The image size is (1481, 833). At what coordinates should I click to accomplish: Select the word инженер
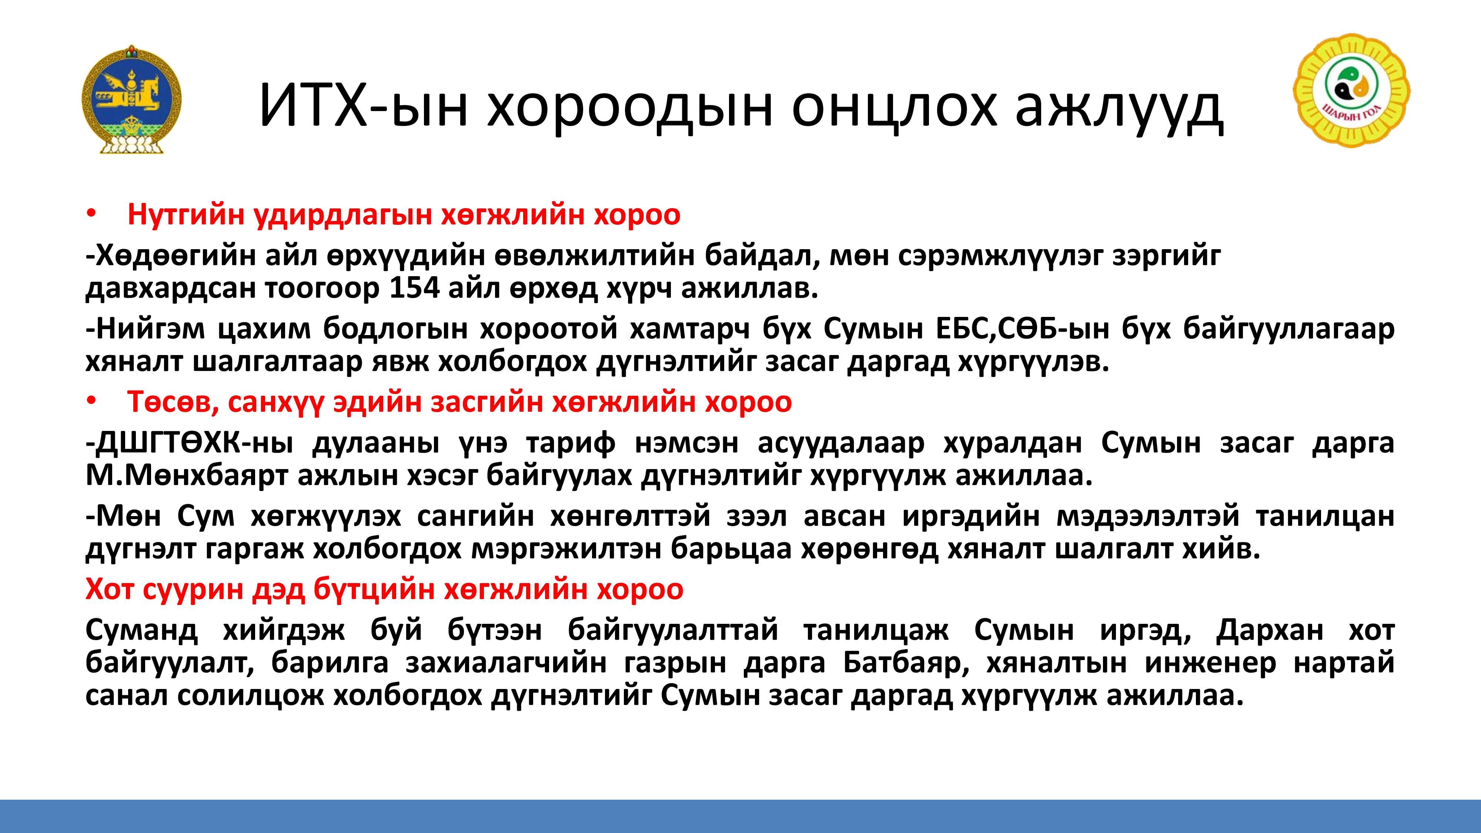(1211, 664)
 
